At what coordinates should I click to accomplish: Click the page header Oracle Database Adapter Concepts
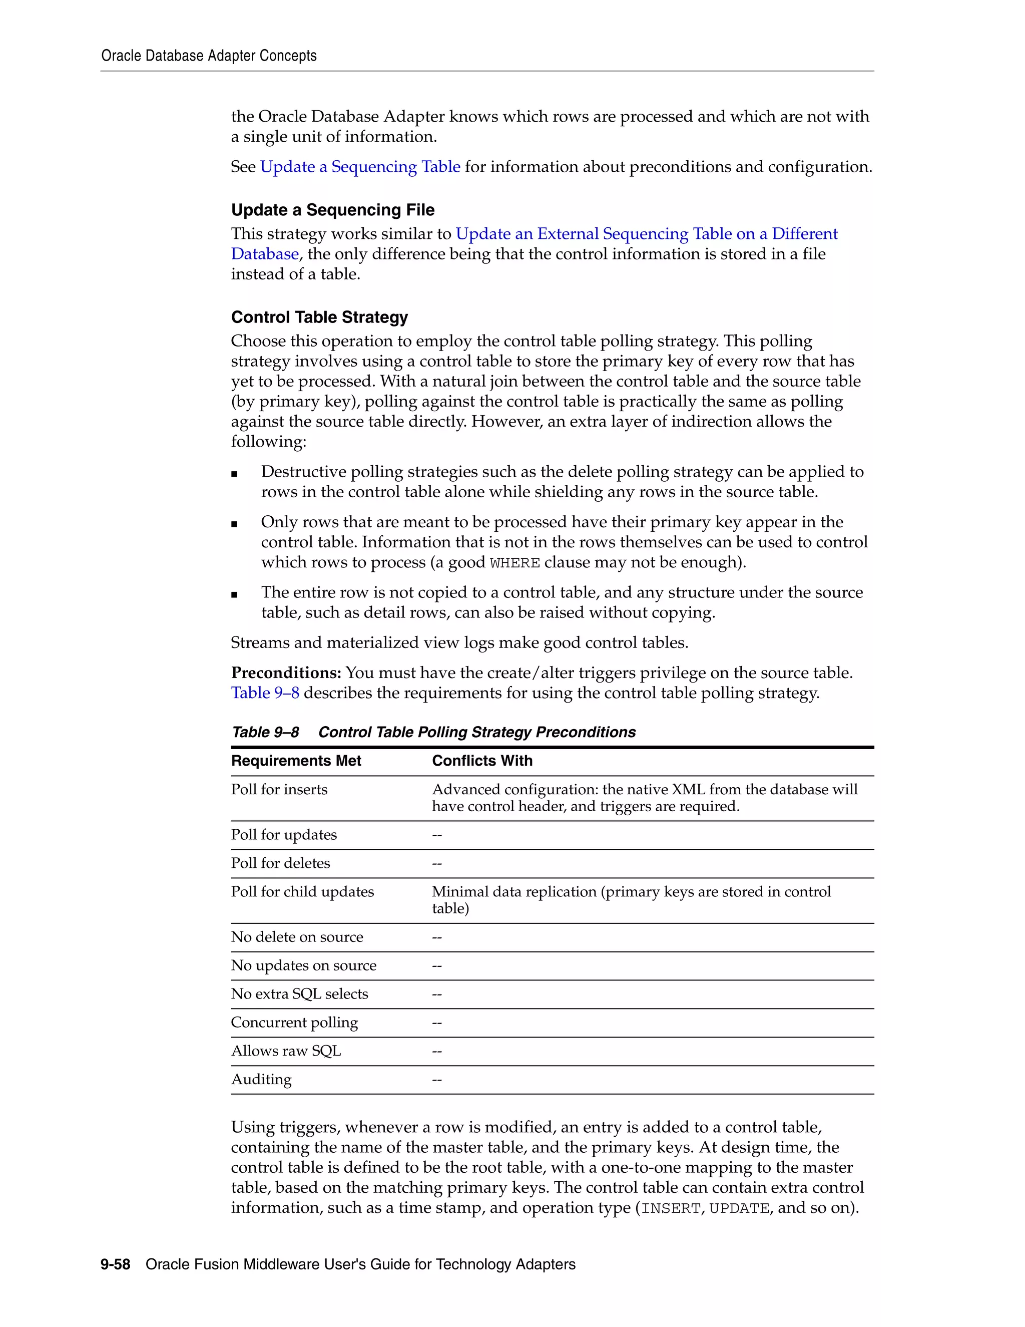coord(208,56)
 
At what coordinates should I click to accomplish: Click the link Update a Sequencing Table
coord(360,167)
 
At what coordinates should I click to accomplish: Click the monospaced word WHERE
coord(515,563)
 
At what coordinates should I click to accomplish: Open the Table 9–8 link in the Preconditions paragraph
coord(265,693)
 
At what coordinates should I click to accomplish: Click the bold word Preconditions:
coord(285,673)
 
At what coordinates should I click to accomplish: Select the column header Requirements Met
coord(296,761)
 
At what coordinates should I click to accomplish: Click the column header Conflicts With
coord(481,761)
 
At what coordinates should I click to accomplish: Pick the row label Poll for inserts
coord(279,789)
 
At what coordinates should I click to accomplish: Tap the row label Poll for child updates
coord(302,891)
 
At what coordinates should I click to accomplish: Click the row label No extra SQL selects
coord(299,993)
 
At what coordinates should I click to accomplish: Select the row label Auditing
coord(261,1079)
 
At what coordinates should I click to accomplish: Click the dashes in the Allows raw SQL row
coord(436,1051)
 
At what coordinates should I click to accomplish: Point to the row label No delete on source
coord(296,937)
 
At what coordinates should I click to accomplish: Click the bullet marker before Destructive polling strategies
coord(234,474)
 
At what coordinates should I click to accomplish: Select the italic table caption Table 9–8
coord(265,732)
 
